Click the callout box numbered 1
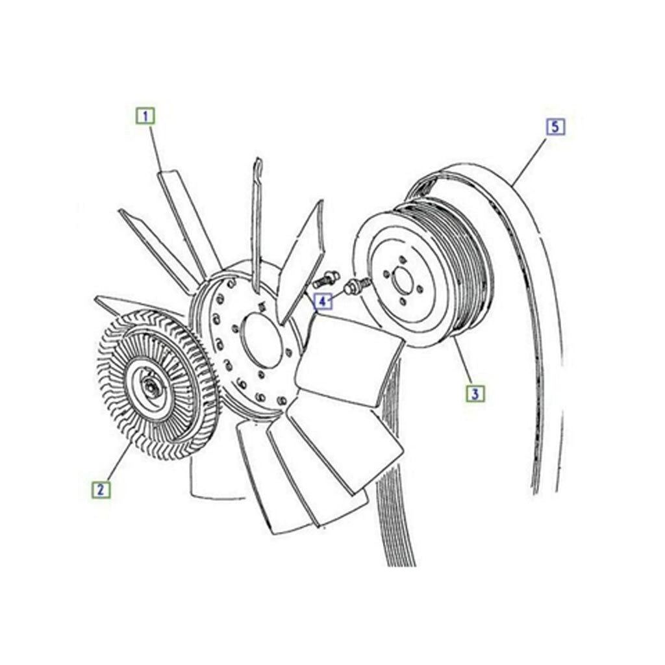click(145, 116)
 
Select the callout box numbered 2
click(101, 490)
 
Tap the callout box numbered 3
click(475, 394)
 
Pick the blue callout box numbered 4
click(323, 301)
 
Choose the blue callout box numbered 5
click(556, 127)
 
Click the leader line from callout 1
click(155, 147)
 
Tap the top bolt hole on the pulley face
click(399, 258)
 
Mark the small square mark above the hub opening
click(261, 305)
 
